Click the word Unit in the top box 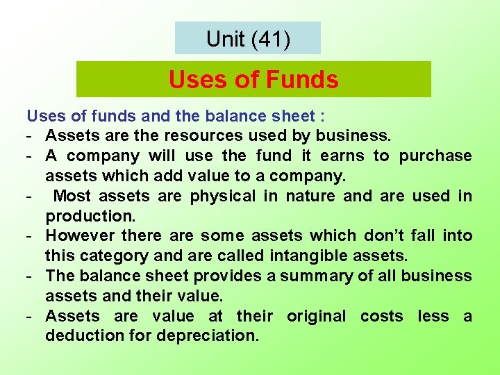[225, 39]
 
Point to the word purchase [435, 156]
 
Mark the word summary [316, 276]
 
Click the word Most [71, 196]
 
